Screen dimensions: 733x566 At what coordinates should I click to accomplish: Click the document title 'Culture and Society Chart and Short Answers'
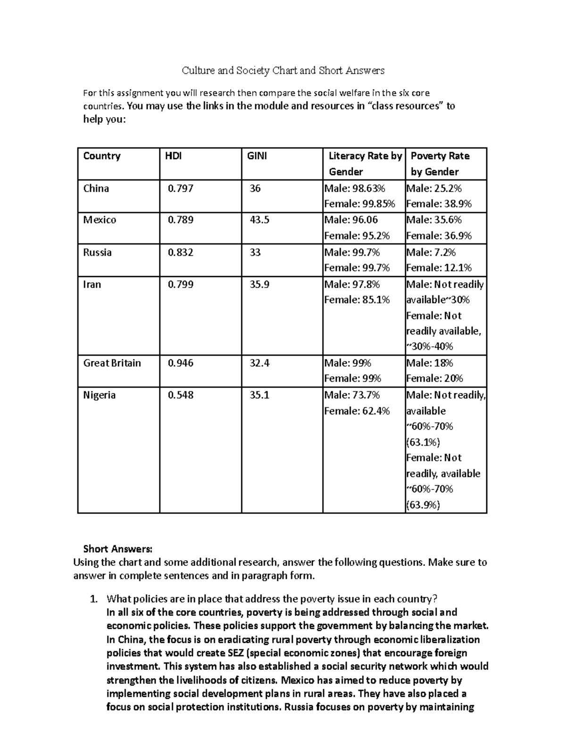(283, 71)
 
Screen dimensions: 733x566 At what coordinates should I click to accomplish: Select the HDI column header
(173, 156)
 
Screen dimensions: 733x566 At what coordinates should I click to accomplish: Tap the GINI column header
(257, 156)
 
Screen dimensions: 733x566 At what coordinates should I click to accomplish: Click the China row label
(96, 188)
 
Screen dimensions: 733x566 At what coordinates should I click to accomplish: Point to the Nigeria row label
(100, 395)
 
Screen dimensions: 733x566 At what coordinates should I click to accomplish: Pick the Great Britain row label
(112, 363)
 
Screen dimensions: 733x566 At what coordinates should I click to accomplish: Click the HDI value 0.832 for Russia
(181, 253)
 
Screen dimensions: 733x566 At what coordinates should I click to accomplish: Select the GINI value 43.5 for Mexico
(259, 220)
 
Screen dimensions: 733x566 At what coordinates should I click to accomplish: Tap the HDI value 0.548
(181, 395)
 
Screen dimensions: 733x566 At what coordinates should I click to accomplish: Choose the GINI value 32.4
(259, 363)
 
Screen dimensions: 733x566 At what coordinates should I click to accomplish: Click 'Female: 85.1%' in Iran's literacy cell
(357, 300)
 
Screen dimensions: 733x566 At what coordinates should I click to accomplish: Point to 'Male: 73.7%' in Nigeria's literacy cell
(352, 395)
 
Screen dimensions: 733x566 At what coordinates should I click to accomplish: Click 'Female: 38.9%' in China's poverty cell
(439, 204)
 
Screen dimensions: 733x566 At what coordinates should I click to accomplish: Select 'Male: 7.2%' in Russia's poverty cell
(431, 253)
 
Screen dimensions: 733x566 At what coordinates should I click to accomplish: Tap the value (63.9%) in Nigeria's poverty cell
(423, 505)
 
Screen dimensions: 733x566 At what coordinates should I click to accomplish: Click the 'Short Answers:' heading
(118, 549)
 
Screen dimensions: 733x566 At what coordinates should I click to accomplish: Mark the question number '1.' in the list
(94, 599)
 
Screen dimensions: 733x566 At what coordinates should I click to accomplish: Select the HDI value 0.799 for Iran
(181, 285)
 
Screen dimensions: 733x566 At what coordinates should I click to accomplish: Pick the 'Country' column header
(102, 156)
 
